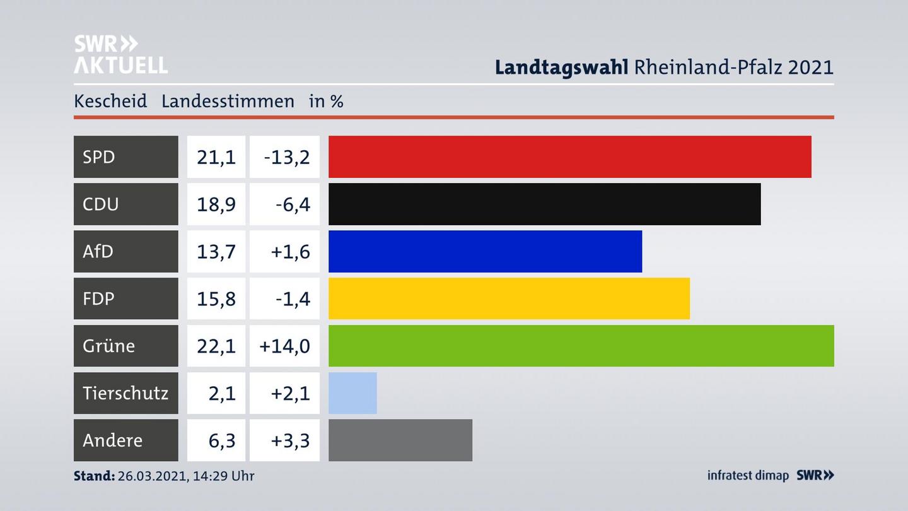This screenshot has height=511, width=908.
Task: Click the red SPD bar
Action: click(x=569, y=156)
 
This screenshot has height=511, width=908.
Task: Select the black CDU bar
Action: click(x=544, y=204)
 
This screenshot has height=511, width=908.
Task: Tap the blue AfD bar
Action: click(x=485, y=251)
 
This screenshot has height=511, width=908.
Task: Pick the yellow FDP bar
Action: click(x=509, y=298)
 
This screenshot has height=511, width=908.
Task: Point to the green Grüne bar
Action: click(x=581, y=346)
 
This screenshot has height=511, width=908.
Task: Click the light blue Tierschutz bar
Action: click(x=352, y=393)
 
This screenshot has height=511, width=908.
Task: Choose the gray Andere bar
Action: click(x=400, y=440)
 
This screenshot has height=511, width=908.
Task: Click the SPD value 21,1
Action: click(x=216, y=157)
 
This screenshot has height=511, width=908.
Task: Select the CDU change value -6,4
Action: click(x=293, y=204)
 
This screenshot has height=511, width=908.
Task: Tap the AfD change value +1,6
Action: click(x=290, y=252)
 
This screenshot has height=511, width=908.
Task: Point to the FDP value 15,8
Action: click(x=216, y=299)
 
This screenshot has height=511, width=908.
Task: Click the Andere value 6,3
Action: click(x=222, y=440)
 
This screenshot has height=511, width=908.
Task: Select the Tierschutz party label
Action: click(x=125, y=393)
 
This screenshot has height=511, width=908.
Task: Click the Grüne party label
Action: click(x=108, y=346)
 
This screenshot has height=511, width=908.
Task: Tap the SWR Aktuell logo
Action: click(x=120, y=54)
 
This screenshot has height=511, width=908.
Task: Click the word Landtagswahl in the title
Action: click(x=561, y=67)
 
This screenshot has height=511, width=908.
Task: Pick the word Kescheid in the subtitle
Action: click(x=110, y=101)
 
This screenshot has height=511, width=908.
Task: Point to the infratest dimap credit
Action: click(x=748, y=476)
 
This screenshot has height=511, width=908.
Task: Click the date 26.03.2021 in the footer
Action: click(x=151, y=476)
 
